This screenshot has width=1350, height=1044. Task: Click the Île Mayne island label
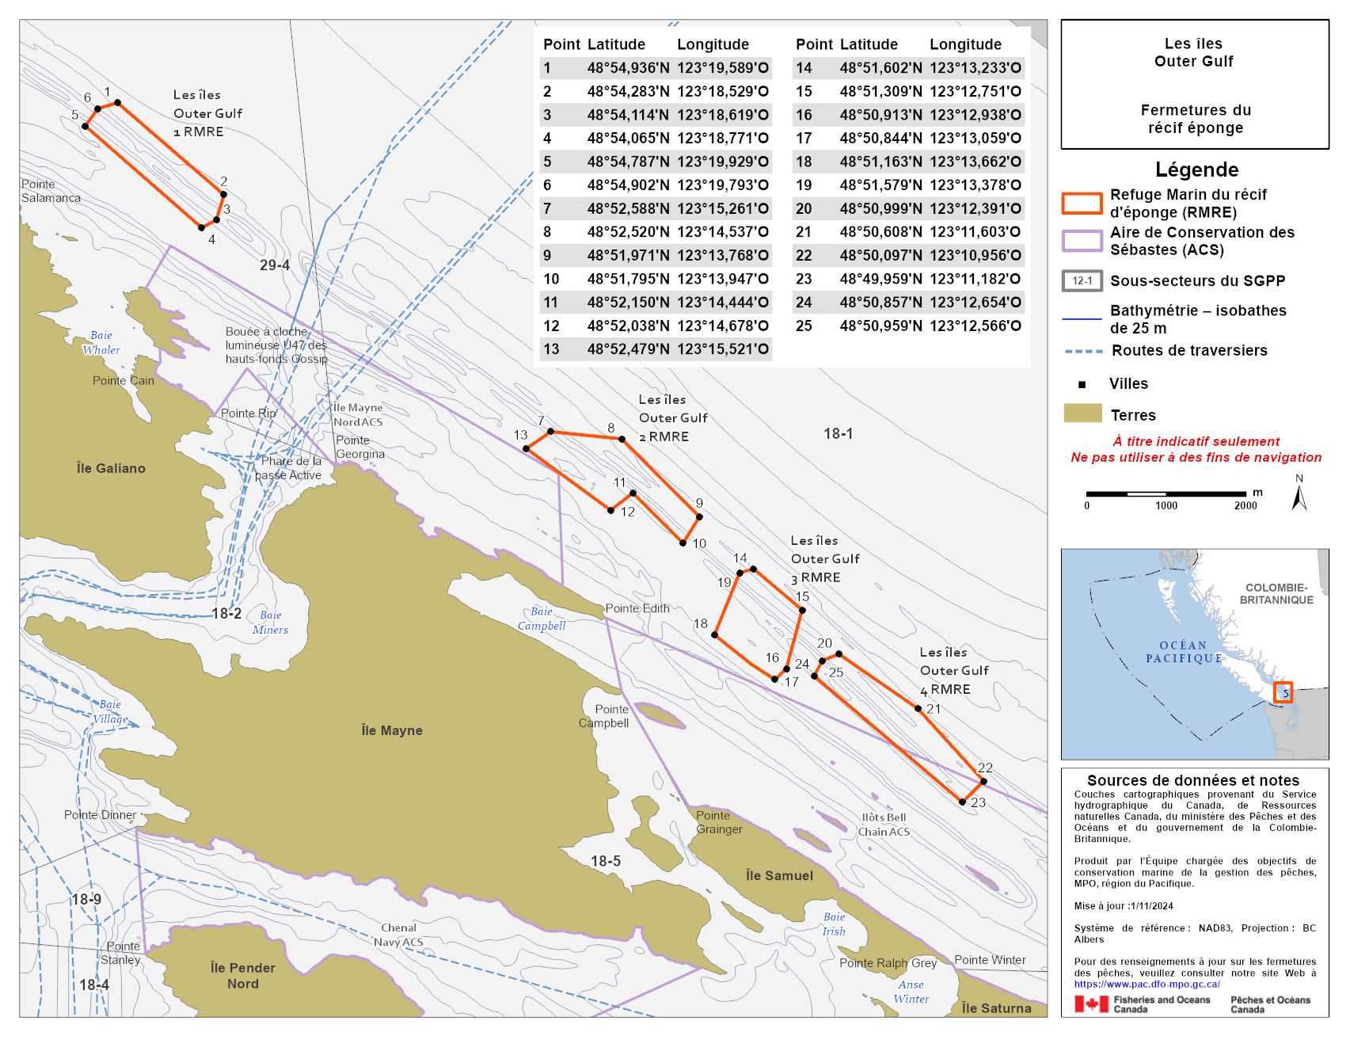pyautogui.click(x=392, y=730)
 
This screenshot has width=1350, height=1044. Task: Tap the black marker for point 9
pyautogui.click(x=699, y=516)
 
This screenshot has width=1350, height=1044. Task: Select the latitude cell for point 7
pyautogui.click(x=628, y=208)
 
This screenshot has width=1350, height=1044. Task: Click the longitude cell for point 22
pyautogui.click(x=975, y=255)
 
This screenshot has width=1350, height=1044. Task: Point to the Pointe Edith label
pyautogui.click(x=637, y=608)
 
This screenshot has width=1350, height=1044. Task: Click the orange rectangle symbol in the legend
pyautogui.click(x=1082, y=204)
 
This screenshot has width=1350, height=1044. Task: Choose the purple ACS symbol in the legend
pyautogui.click(x=1082, y=241)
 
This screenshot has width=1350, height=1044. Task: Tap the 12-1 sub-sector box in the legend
pyautogui.click(x=1082, y=280)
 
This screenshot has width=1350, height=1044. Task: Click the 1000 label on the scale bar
pyautogui.click(x=1166, y=505)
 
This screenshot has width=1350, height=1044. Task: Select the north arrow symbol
pyautogui.click(x=1299, y=497)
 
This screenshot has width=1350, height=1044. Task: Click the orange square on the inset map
pyautogui.click(x=1283, y=692)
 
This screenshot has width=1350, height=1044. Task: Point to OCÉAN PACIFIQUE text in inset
pyautogui.click(x=1184, y=652)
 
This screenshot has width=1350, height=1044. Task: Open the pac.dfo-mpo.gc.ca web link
pyautogui.click(x=1147, y=985)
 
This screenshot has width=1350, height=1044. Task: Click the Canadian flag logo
pyautogui.click(x=1091, y=1004)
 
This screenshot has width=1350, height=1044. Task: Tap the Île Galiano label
pyautogui.click(x=111, y=468)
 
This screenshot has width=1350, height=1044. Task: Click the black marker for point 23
pyautogui.click(x=962, y=802)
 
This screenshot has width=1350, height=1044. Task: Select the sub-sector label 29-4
pyautogui.click(x=275, y=265)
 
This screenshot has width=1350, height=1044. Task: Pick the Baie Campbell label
pyautogui.click(x=542, y=619)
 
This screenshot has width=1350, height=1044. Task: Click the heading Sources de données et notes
pyautogui.click(x=1193, y=780)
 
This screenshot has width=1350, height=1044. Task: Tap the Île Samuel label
pyautogui.click(x=779, y=875)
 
